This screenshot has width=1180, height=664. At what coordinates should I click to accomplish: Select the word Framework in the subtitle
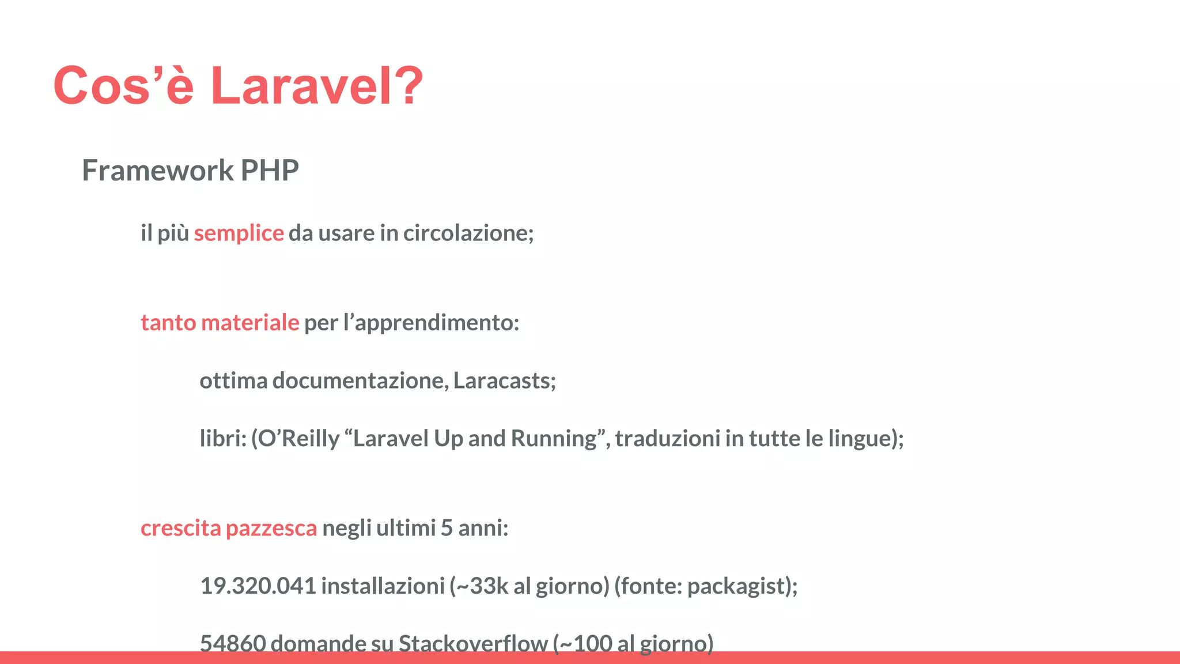[x=157, y=171]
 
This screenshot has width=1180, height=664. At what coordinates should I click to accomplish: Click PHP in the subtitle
[x=270, y=171]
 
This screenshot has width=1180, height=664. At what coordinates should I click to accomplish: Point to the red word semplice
[x=239, y=233]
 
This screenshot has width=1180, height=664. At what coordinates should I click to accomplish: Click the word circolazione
[x=468, y=233]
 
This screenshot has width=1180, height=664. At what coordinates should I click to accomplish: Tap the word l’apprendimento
[x=431, y=323]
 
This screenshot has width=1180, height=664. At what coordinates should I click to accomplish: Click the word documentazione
[x=360, y=380]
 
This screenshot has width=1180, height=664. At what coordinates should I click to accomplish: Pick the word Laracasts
[x=504, y=380]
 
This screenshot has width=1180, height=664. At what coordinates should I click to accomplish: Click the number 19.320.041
[x=258, y=586]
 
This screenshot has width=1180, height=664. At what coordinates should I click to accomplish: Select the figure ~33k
[x=479, y=586]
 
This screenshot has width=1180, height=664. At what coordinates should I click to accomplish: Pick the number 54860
[x=233, y=643]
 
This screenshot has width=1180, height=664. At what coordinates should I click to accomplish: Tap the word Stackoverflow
[x=472, y=643]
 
